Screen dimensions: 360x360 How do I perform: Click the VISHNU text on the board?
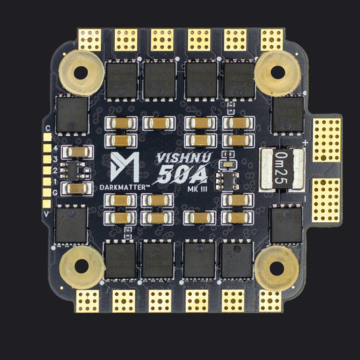point(184,157)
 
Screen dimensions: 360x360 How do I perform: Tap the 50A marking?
point(182,174)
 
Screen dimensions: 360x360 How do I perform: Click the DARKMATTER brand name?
point(125,188)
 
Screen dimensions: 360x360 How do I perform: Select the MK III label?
point(197,189)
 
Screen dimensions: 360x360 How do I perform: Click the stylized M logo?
point(125,167)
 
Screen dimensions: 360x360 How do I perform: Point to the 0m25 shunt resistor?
point(282,169)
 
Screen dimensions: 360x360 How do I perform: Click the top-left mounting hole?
point(81,72)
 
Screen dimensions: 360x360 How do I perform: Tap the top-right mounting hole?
point(278,72)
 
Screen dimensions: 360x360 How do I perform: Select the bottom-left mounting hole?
point(82,266)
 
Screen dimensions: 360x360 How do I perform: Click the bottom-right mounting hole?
point(277,268)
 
